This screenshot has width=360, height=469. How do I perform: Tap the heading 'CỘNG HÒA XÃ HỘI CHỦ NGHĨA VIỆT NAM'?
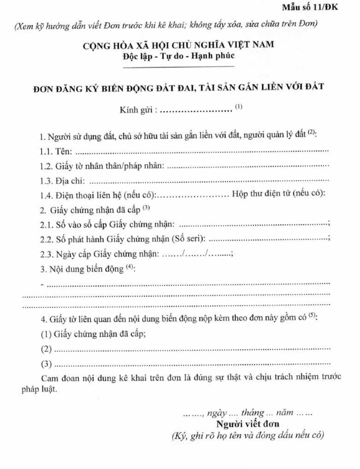pyautogui.click(x=179, y=46)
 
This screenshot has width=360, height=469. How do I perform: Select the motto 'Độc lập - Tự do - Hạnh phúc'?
pyautogui.click(x=179, y=56)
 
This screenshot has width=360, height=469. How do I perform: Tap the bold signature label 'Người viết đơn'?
pyautogui.click(x=248, y=424)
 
